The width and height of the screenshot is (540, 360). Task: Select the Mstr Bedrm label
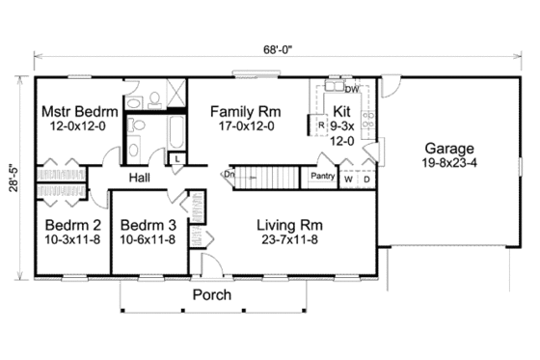[79, 112]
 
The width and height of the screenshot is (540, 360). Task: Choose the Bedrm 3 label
[145, 224]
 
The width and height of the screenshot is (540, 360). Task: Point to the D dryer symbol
[366, 179]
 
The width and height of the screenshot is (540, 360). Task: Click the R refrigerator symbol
[319, 124]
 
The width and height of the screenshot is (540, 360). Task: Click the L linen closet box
[178, 156]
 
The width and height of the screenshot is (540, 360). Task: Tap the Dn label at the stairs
[229, 175]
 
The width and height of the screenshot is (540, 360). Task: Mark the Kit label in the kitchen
[342, 111]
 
